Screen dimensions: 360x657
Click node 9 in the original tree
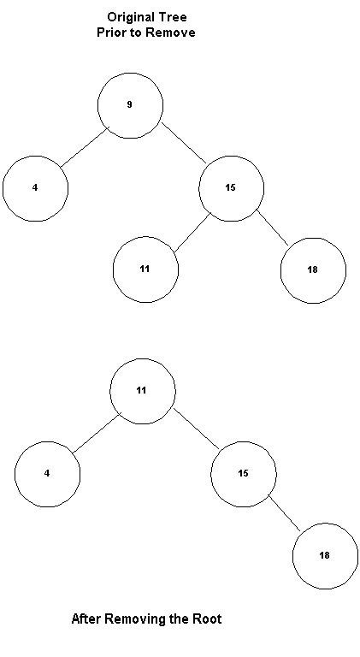pyautogui.click(x=130, y=105)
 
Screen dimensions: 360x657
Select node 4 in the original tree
pyautogui.click(x=36, y=188)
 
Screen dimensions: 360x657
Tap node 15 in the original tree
pyautogui.click(x=231, y=188)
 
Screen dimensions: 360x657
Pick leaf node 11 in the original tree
pyautogui.click(x=145, y=269)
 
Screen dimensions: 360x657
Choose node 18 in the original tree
pyautogui.click(x=313, y=270)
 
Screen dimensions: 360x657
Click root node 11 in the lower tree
pyautogui.click(x=142, y=391)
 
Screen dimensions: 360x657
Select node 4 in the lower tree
pyautogui.click(x=47, y=474)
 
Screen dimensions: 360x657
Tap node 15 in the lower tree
pyautogui.click(x=243, y=474)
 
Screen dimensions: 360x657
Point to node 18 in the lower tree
pyautogui.click(x=325, y=556)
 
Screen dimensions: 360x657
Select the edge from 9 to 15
pyautogui.click(x=184, y=143)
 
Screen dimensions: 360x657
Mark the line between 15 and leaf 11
pyautogui.click(x=192, y=233)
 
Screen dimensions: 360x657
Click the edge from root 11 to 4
pyautogui.click(x=97, y=433)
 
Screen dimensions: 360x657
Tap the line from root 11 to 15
pyautogui.click(x=197, y=429)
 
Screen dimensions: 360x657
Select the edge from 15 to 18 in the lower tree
pyautogui.click(x=284, y=513)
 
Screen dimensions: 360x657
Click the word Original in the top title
pyautogui.click(x=130, y=18)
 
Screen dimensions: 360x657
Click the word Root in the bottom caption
pyautogui.click(x=207, y=619)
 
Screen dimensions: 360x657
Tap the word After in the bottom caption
pyautogui.click(x=86, y=619)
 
